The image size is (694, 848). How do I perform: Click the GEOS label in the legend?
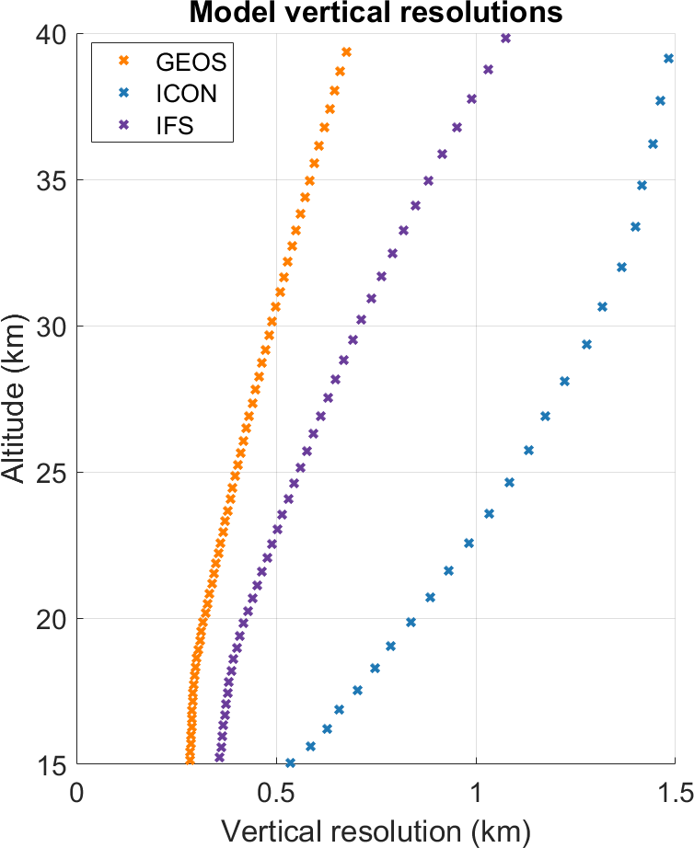[x=191, y=63]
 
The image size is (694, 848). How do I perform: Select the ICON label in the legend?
[x=186, y=94]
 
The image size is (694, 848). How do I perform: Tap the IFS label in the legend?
[x=174, y=125]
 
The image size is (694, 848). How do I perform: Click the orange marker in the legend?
[x=124, y=61]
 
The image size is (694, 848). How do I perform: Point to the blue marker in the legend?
[x=124, y=93]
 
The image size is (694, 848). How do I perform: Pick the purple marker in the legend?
[x=124, y=124]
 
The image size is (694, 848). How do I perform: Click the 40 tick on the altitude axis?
[x=52, y=35]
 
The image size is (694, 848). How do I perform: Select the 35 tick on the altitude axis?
[x=52, y=180]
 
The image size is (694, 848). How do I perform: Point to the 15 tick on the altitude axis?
[x=52, y=765]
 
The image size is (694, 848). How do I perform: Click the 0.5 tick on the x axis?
[x=276, y=793]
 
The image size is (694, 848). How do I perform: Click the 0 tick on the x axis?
[x=77, y=793]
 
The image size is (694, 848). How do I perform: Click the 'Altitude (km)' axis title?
[x=13, y=397]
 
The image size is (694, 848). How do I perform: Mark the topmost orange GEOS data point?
[x=346, y=52]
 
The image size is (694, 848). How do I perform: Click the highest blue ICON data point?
[x=668, y=59]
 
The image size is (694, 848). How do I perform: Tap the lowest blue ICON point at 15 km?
[x=290, y=762]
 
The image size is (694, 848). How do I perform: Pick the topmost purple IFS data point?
[x=505, y=38]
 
